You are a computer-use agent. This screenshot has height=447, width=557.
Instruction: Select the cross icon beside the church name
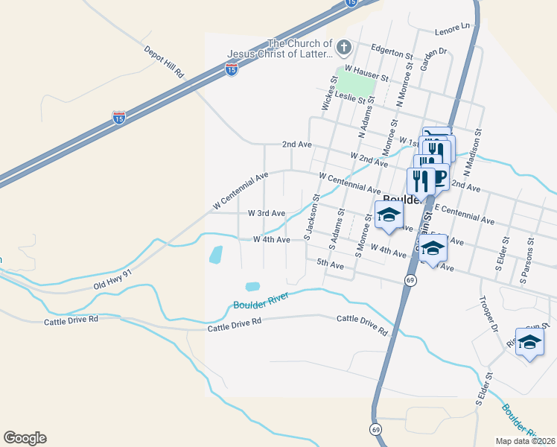coord(343,48)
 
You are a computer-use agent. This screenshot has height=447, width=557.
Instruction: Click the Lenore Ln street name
coord(455,27)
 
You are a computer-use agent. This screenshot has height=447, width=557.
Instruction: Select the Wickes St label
coord(326,95)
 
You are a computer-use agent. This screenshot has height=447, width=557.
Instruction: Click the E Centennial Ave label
coord(465,214)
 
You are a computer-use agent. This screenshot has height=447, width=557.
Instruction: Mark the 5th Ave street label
coord(330,263)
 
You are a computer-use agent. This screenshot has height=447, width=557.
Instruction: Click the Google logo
coord(25,438)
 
